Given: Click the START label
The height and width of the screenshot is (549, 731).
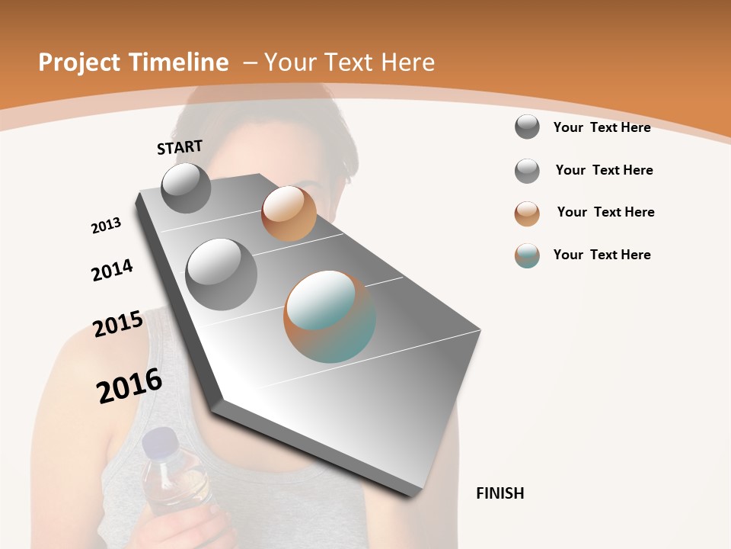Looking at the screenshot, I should pos(180,147).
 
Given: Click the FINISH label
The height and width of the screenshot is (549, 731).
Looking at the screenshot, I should pos(500,493).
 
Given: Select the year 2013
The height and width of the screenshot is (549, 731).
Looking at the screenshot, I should pos(106,226).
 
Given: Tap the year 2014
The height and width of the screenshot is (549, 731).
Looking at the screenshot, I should pos(112,270).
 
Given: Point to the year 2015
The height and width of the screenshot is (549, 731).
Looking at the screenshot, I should pos(118,324).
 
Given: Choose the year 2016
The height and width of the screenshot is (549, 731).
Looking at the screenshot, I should pos(129,386).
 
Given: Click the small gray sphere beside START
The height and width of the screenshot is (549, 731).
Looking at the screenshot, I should pos(186,188).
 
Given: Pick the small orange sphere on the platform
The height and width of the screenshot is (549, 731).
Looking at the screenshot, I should pos(289,213).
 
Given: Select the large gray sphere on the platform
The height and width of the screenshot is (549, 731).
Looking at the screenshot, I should pos(222,274).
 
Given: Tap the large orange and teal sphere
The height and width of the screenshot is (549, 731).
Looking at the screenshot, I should pos(330,316).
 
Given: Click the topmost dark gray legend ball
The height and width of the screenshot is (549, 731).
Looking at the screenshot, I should pos(527,127).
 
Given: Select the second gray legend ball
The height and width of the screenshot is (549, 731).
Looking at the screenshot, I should pos(527,171).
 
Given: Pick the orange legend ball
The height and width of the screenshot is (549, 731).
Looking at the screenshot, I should pos(527,213).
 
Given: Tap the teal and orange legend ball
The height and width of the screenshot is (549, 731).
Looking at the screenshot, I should pos(527,255).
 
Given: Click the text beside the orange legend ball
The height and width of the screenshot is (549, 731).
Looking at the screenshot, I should pos(605,212).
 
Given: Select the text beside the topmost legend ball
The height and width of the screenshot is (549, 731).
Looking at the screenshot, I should pos(602,127).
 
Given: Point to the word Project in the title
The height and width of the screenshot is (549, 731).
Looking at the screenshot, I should pos(79,63).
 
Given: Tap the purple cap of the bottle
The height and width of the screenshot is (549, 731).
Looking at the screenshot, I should pos(161,441).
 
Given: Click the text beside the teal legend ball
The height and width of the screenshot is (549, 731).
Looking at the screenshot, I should pos(602,255).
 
